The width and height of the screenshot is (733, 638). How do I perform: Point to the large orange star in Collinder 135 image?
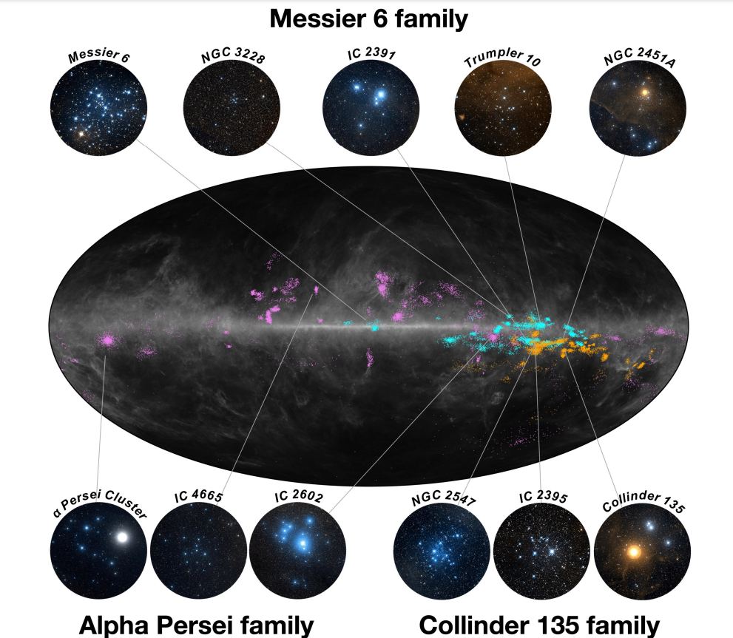click(633, 552)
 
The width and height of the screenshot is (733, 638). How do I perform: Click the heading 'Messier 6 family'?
click(368, 18)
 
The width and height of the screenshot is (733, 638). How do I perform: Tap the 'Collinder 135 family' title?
click(539, 625)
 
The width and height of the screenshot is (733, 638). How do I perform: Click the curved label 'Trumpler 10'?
click(502, 59)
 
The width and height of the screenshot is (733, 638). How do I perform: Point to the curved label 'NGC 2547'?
click(443, 500)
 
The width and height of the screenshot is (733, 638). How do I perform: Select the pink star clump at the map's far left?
click(108, 341)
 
